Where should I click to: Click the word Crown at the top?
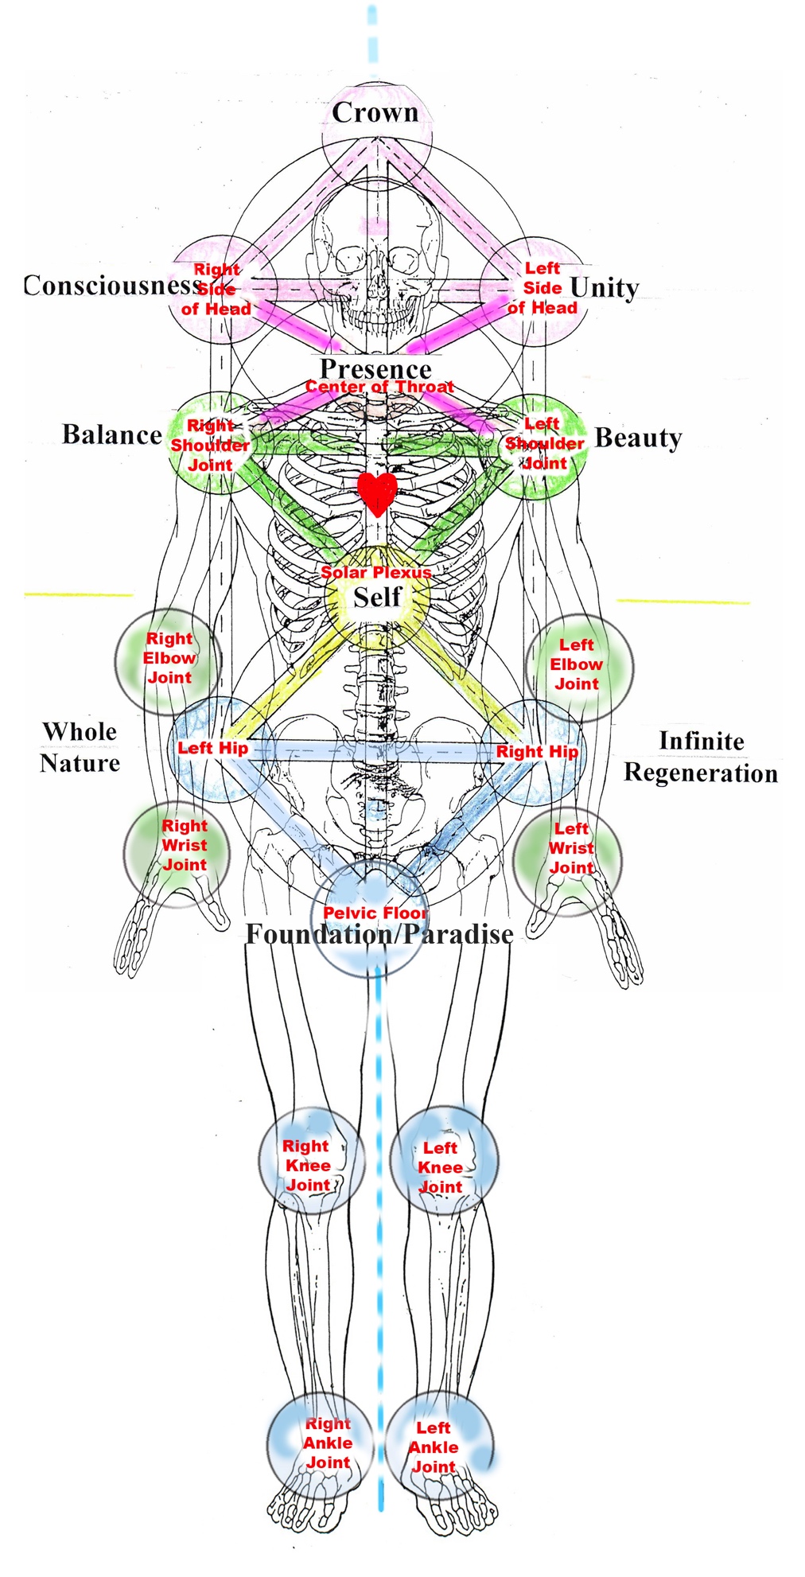375,113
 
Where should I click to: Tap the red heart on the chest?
377,493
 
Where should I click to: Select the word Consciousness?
111,286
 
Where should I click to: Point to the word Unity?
605,287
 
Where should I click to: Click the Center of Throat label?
379,387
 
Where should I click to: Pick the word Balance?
112,435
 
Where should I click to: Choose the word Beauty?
638,438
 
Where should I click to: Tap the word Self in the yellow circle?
377,598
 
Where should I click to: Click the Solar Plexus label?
376,572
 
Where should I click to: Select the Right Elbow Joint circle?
169,660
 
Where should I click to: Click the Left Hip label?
212,748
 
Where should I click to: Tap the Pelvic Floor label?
375,913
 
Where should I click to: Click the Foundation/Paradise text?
379,934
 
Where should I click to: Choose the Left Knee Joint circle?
444,1163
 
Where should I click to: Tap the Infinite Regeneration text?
701,757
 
